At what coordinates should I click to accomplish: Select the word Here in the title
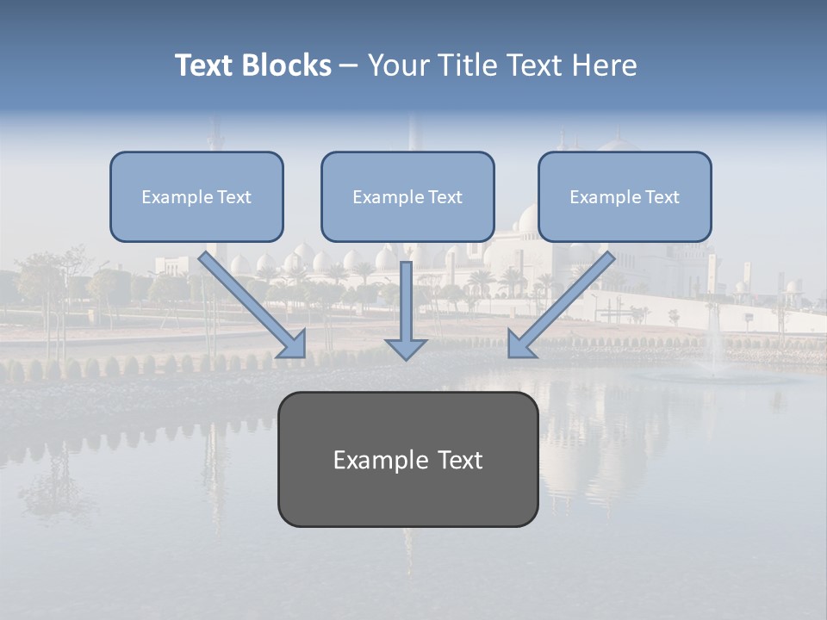pos(602,65)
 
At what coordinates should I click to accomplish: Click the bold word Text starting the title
pos(207,65)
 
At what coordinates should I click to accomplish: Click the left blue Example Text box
pos(196,197)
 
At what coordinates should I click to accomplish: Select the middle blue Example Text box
pos(407,197)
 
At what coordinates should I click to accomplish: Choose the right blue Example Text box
pos(625,197)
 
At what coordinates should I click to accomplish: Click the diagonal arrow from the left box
pos(250,301)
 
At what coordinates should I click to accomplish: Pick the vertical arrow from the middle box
pos(406,301)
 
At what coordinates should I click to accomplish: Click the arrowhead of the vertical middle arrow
pos(406,349)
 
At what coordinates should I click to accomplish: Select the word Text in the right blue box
pos(662,197)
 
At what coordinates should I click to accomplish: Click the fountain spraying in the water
pos(713,344)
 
